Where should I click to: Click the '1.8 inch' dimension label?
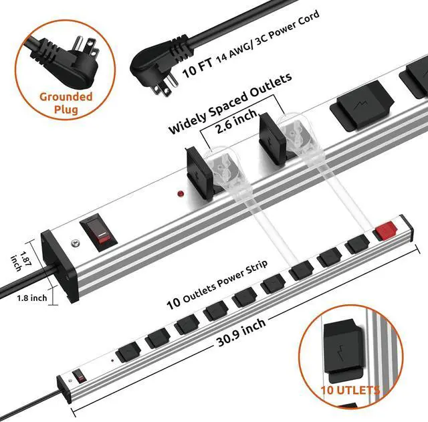[32, 298]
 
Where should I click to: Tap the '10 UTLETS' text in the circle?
[350, 390]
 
